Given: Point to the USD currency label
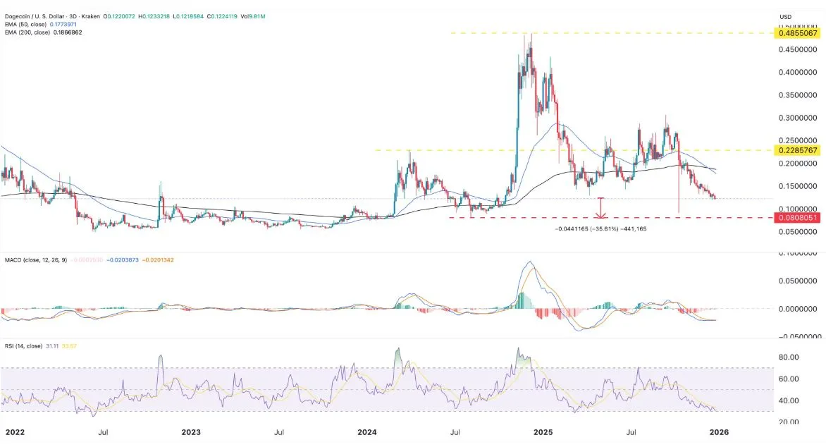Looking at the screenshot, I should pyautogui.click(x=786, y=16).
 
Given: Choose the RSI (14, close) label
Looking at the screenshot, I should pyautogui.click(x=28, y=347).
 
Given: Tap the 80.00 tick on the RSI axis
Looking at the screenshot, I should pyautogui.click(x=789, y=357).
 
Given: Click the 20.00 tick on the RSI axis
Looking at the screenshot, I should pyautogui.click(x=789, y=422).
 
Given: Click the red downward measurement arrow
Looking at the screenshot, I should pyautogui.click(x=600, y=208).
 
